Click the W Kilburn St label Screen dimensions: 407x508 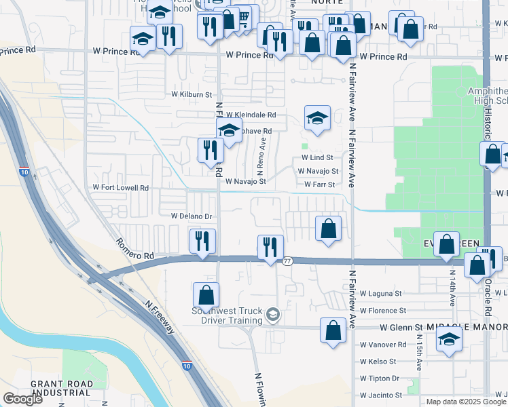click(x=192, y=94)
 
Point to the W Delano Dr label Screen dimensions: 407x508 click(x=192, y=216)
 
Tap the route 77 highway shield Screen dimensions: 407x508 click(x=287, y=261)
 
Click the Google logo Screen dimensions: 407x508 click(x=22, y=399)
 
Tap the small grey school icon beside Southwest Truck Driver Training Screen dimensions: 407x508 click(x=273, y=313)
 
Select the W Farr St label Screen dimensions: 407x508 click(x=319, y=185)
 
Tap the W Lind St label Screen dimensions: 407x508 click(x=316, y=157)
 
